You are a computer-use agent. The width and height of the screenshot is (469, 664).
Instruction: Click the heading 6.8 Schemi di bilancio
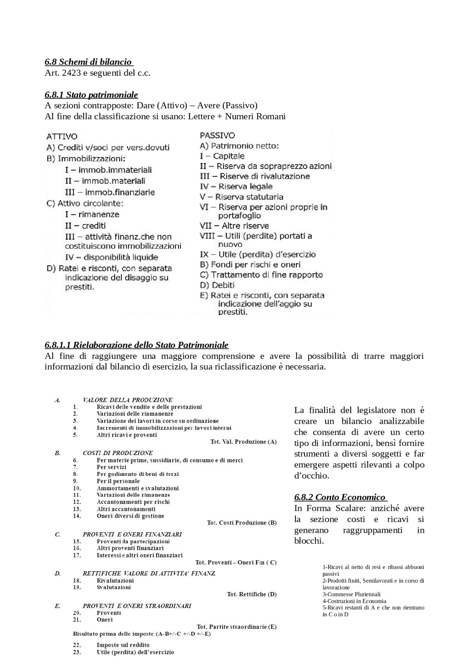[88, 62]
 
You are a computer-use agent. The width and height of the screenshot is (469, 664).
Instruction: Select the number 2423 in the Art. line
[71, 73]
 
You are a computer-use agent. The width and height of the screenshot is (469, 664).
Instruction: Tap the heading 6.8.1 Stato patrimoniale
[91, 95]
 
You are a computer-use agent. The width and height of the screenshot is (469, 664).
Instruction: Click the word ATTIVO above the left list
[62, 136]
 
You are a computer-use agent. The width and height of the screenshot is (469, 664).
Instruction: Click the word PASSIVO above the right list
[217, 135]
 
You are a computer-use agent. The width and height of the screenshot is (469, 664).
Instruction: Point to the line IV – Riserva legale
[236, 186]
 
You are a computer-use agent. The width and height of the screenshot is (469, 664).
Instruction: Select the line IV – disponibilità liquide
[111, 257]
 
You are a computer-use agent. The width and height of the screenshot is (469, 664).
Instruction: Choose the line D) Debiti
[217, 285]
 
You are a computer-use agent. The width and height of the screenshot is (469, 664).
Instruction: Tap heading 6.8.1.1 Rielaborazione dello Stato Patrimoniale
[136, 345]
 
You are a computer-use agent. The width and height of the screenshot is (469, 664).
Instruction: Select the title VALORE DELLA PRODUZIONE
[128, 400]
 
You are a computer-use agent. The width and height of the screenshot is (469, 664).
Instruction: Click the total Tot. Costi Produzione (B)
[241, 522]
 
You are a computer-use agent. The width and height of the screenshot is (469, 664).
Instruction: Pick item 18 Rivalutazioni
[115, 580]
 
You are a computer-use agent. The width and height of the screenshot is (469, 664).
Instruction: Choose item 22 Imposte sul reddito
[123, 645]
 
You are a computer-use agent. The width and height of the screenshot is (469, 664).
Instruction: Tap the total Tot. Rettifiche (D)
[252, 594]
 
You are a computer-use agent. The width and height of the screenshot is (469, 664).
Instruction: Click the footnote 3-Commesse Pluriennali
[351, 594]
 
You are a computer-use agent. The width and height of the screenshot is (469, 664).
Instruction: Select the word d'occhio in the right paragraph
[311, 476]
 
